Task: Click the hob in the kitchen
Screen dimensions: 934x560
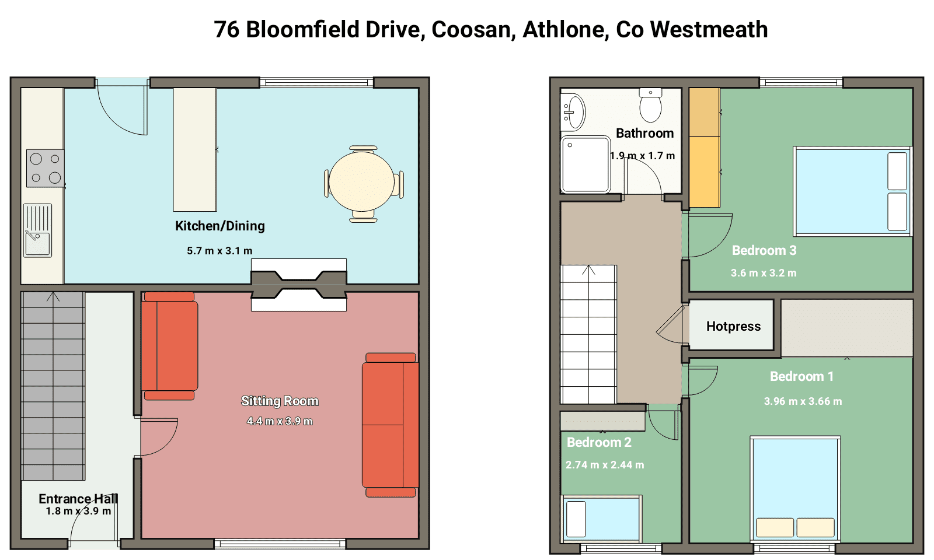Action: [46, 169]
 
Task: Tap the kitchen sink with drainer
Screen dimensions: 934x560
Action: [37, 230]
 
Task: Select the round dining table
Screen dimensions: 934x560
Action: [361, 181]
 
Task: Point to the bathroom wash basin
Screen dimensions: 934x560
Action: [573, 111]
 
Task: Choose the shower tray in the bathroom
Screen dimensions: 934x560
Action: [586, 164]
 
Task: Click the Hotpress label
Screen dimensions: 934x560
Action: [733, 326]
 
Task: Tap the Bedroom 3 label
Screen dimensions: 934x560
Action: [764, 250]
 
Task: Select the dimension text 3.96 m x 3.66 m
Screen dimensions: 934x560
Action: [803, 401]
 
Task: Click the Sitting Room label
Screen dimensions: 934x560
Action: [280, 401]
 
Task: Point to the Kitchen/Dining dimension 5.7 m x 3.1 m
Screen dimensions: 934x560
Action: [219, 251]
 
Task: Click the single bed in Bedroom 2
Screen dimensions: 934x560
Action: [602, 519]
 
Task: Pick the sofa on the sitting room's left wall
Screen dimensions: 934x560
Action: [169, 346]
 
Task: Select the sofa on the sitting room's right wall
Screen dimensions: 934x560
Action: [391, 425]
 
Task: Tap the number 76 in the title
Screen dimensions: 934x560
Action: [227, 30]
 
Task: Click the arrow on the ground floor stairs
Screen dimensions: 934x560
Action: [53, 297]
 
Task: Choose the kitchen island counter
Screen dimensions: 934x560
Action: [195, 149]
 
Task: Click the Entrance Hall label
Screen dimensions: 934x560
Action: [78, 499]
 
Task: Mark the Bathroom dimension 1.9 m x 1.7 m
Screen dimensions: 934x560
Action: [643, 156]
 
